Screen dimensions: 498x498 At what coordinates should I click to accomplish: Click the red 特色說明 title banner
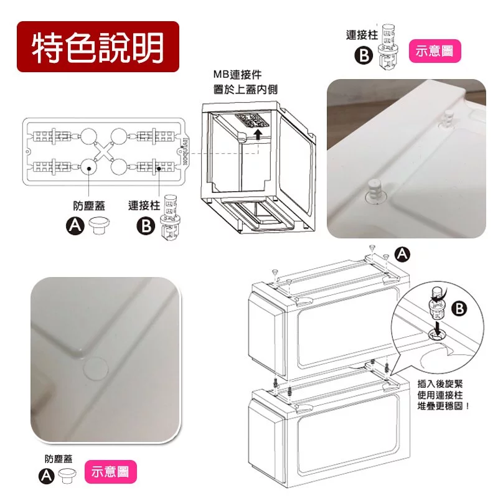[98, 47]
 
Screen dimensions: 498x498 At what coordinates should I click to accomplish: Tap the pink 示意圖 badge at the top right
[435, 51]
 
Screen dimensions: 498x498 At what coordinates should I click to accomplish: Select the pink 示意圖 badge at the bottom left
[111, 472]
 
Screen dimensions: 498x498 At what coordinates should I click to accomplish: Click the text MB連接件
[237, 75]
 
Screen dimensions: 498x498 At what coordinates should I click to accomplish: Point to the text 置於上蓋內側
[245, 89]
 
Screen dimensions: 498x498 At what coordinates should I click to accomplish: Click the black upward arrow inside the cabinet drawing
[258, 134]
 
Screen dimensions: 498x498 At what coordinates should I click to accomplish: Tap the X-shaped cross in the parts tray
[104, 152]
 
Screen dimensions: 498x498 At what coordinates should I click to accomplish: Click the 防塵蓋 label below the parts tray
[89, 206]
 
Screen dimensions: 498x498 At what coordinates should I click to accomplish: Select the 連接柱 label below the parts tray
[144, 205]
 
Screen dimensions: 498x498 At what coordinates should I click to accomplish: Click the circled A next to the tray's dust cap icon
[75, 226]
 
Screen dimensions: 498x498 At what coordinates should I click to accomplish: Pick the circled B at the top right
[364, 55]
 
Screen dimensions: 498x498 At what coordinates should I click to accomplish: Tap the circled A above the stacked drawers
[402, 255]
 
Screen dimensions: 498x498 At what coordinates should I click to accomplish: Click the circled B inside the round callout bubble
[459, 308]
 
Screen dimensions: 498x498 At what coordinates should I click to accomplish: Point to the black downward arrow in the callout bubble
[438, 328]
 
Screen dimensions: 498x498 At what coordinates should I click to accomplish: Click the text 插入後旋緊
[440, 383]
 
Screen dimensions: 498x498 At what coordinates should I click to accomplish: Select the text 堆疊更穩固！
[443, 406]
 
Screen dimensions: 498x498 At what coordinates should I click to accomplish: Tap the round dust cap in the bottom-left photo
[96, 369]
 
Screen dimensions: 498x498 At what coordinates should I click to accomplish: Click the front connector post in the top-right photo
[375, 190]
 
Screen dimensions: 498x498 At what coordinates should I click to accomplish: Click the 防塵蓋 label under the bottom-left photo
[59, 459]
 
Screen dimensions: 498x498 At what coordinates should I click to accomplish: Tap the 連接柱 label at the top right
[362, 35]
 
